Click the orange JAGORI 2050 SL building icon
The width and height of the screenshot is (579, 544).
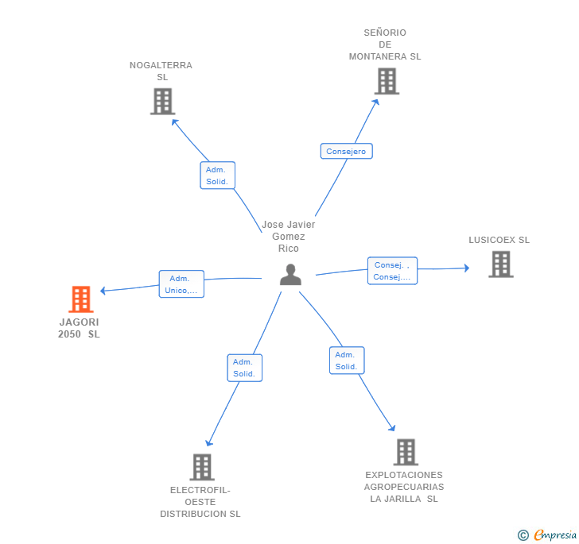81,299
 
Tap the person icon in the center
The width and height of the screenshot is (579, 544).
290,275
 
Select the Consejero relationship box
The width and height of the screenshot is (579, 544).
347,151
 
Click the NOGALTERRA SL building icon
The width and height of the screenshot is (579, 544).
163,102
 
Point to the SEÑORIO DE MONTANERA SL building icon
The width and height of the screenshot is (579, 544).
387,81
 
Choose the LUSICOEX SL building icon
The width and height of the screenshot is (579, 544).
501,264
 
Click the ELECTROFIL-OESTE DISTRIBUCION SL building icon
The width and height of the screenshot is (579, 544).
202,467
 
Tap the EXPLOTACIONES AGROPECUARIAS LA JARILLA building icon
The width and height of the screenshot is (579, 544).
406,452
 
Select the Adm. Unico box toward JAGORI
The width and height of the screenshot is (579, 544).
181,284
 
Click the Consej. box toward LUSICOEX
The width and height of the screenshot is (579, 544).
393,271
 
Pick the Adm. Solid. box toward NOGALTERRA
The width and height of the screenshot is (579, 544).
217,176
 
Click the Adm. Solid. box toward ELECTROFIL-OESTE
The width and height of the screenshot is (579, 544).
244,368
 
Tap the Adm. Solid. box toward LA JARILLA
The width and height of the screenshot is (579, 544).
347,361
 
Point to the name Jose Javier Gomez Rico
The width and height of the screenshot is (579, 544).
289,237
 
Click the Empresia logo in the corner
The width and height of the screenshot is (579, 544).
547,534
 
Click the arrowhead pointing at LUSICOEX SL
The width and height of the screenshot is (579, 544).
467,268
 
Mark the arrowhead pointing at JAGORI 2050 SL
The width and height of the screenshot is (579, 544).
103,291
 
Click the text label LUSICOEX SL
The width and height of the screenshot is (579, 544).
499,240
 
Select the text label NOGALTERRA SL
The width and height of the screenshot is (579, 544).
161,71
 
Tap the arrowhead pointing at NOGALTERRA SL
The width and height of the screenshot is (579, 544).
174,122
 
